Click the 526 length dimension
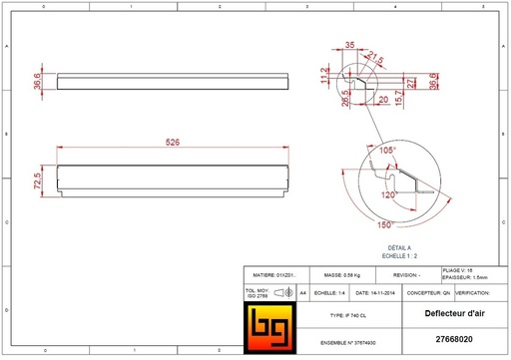(172, 144)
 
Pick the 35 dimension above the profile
(350, 46)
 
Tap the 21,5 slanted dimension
(376, 56)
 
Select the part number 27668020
(455, 340)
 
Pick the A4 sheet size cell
(303, 294)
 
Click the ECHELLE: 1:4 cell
(330, 294)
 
